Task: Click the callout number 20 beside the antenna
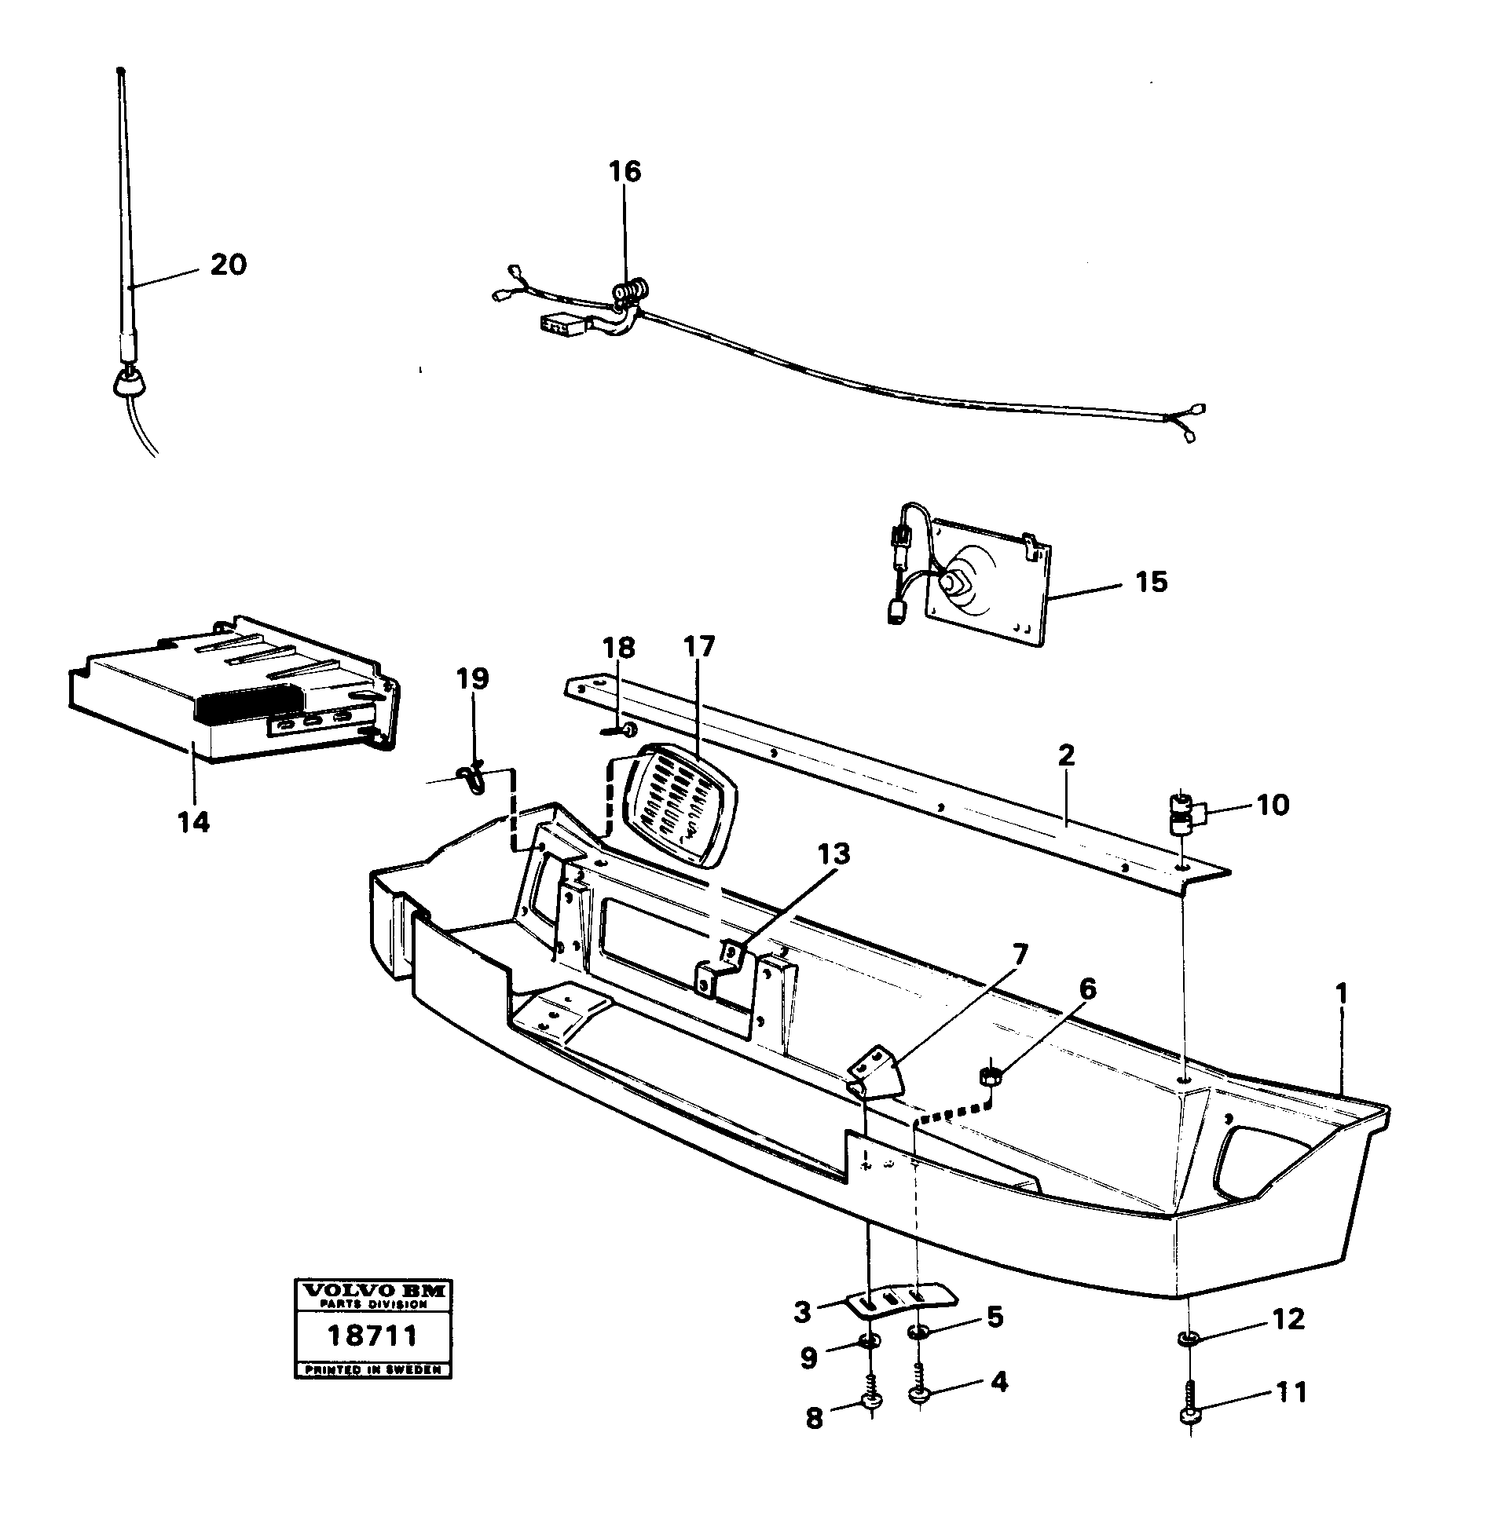(x=228, y=265)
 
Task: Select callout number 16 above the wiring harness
(x=625, y=171)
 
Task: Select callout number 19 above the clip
(x=473, y=678)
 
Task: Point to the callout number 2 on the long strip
(x=1066, y=755)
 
